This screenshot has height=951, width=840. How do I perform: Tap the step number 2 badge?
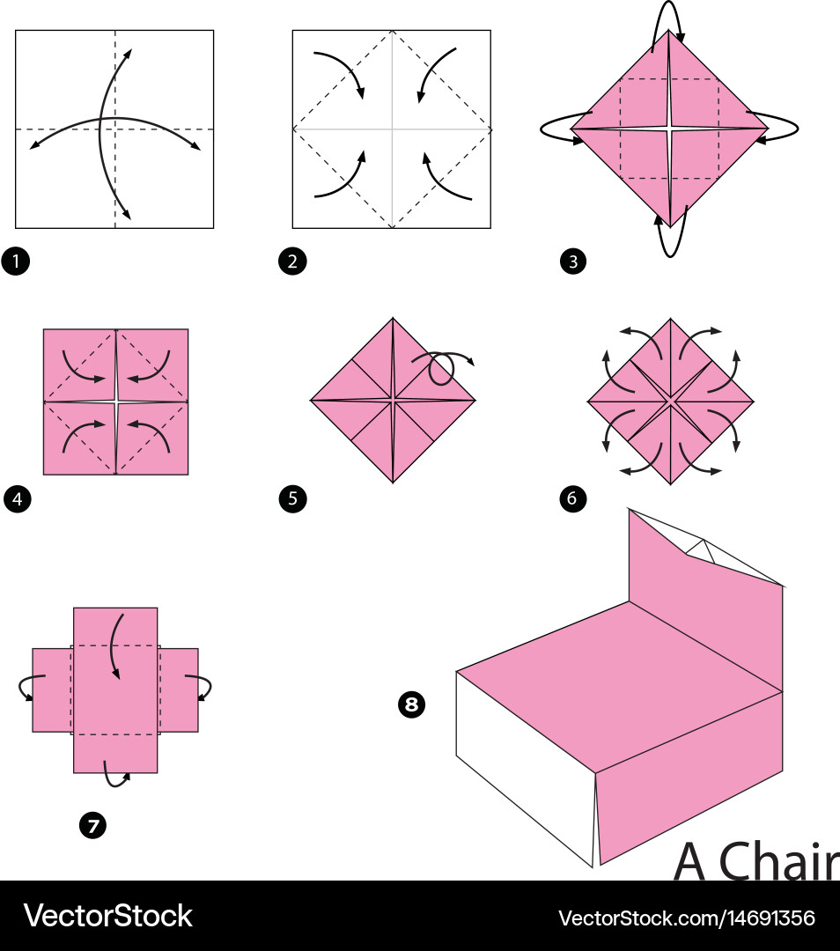(x=291, y=262)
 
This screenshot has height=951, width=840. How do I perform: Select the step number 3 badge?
(x=572, y=262)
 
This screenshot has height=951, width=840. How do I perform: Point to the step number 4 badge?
(x=16, y=500)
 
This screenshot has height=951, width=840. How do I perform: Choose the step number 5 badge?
(x=292, y=500)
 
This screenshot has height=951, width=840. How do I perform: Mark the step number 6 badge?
(x=572, y=500)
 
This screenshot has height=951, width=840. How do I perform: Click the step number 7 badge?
(x=92, y=825)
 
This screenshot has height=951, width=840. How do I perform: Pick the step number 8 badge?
(x=411, y=704)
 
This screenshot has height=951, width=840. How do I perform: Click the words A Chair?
(x=755, y=861)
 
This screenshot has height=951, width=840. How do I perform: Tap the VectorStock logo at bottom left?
(x=107, y=916)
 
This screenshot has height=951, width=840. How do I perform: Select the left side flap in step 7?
(x=52, y=689)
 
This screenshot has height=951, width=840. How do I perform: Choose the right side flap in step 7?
(x=179, y=689)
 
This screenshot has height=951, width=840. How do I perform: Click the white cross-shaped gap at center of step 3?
(x=669, y=129)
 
